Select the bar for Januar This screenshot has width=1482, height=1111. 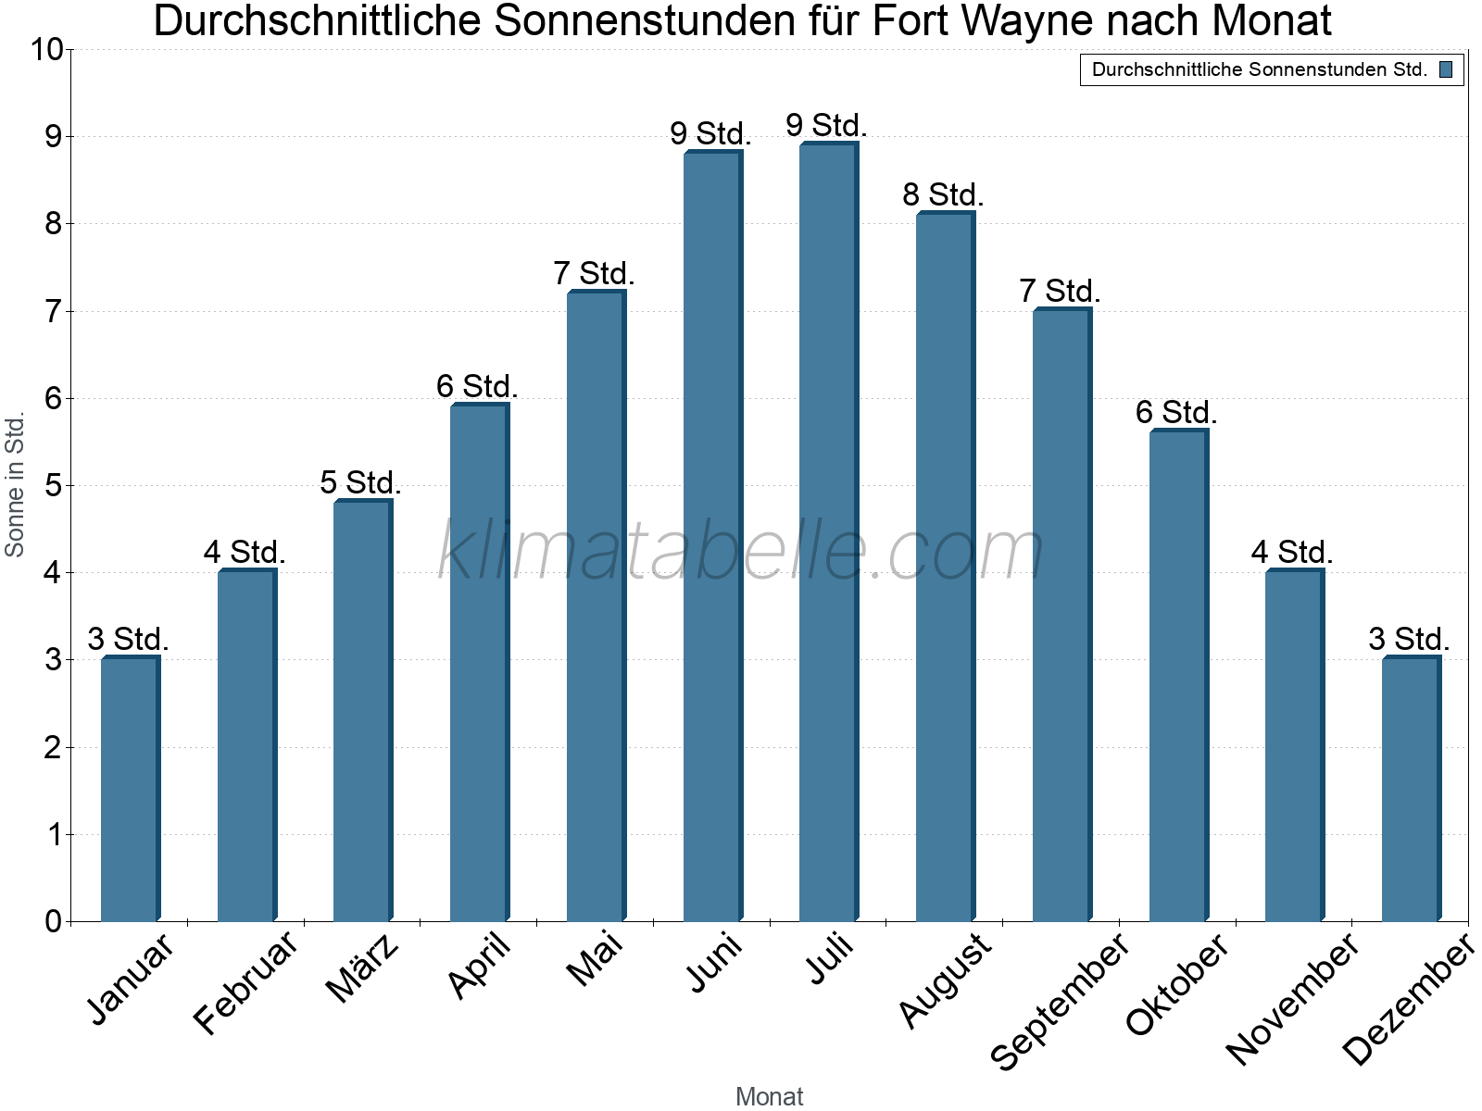[130, 789]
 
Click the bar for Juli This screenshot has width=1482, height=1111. [828, 532]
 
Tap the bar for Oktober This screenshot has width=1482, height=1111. [1178, 676]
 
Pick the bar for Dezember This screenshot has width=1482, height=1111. [1411, 789]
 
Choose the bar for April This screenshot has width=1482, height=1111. [479, 663]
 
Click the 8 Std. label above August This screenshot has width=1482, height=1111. [943, 195]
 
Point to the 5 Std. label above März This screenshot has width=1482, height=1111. [360, 482]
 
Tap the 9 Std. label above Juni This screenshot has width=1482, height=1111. [710, 133]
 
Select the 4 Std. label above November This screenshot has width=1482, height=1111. [1292, 553]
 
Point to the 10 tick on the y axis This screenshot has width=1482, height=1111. [45, 50]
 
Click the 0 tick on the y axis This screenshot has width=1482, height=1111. [53, 921]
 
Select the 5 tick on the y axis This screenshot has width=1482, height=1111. [53, 485]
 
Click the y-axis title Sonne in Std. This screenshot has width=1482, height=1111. [15, 485]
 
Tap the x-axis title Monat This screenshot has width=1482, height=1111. [769, 1096]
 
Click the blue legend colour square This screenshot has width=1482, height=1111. [1446, 69]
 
